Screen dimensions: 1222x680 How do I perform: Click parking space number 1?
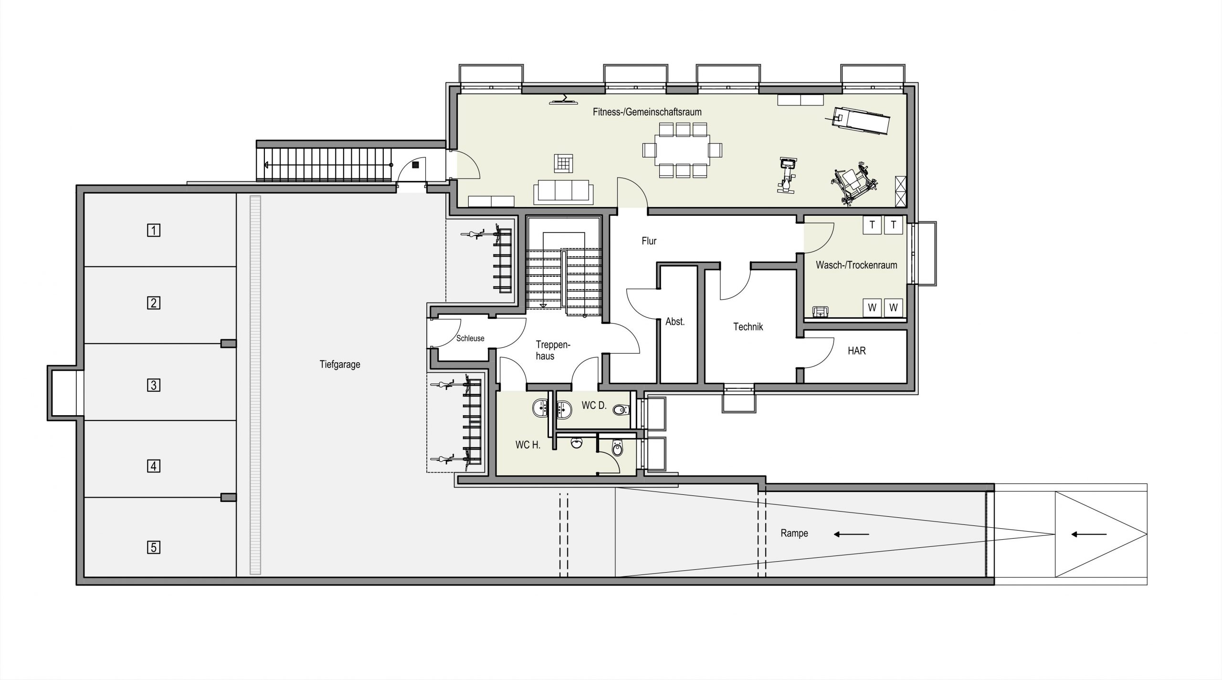tap(153, 230)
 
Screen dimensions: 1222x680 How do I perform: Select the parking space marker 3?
tap(153, 385)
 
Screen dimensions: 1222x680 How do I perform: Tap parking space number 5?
tap(153, 547)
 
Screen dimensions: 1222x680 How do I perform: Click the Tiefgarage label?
tap(340, 365)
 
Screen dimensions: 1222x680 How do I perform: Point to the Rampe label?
tap(794, 533)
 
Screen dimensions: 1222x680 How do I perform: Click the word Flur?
tap(649, 241)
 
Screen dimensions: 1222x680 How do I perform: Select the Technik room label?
tap(748, 327)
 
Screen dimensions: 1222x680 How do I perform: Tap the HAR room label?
tap(857, 351)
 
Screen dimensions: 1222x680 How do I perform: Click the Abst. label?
tap(675, 322)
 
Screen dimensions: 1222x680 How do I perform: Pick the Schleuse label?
tap(470, 338)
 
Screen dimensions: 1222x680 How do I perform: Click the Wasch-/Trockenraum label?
tap(856, 265)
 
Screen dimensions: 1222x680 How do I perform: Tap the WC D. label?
tap(594, 406)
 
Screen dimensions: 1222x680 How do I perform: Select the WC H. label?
tap(528, 445)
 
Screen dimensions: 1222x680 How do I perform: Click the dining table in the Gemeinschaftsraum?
tap(682, 150)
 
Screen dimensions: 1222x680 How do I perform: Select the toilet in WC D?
tap(621, 409)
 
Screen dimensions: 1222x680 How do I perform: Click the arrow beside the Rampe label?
tap(851, 534)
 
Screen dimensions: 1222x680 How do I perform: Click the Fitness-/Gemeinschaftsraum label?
tap(647, 112)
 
